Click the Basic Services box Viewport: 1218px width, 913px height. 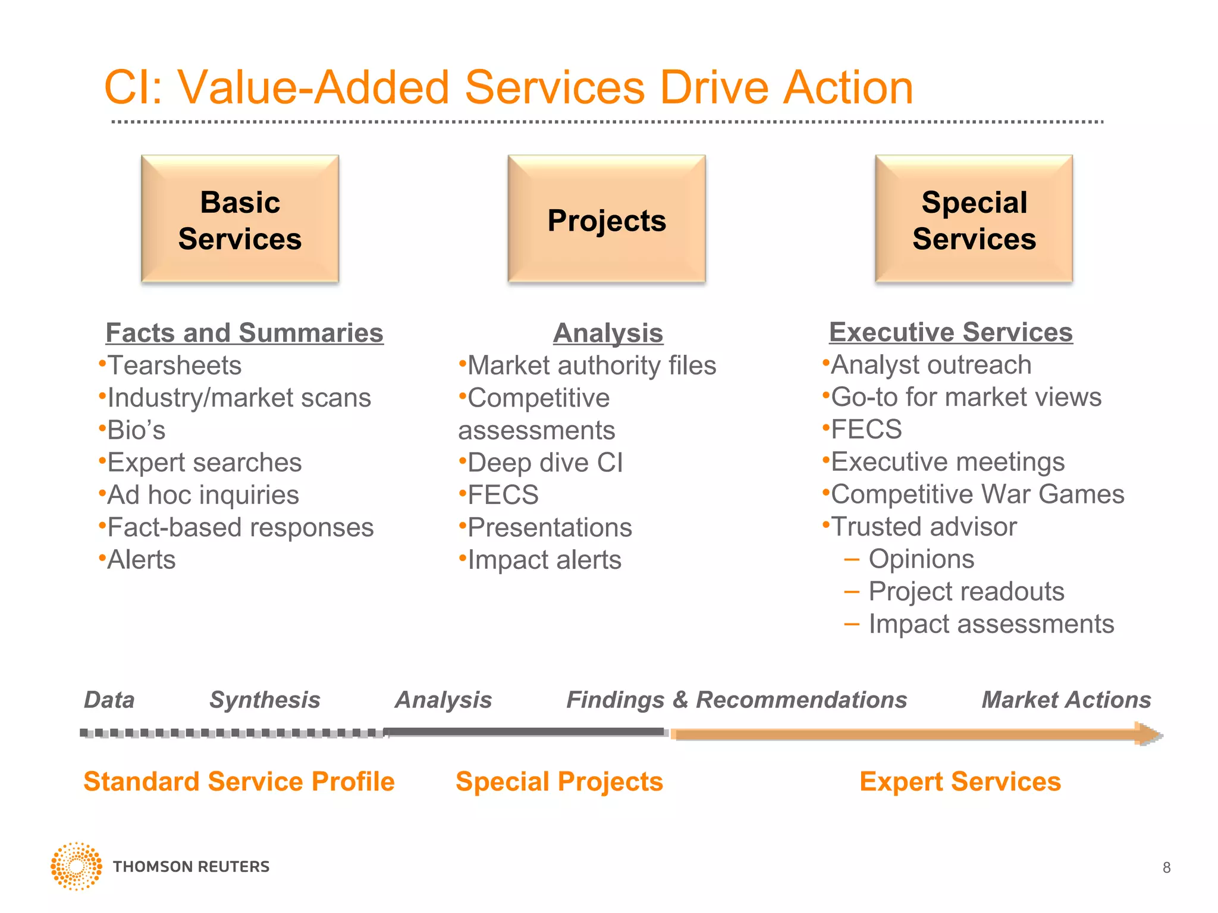click(x=240, y=219)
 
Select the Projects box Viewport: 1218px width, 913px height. click(x=607, y=219)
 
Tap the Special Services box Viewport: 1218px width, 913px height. click(x=974, y=219)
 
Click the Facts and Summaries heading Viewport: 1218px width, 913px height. click(x=244, y=333)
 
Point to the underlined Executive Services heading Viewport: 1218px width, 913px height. click(x=950, y=332)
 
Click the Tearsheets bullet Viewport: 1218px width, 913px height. click(x=174, y=366)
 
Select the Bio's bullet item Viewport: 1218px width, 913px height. click(x=136, y=430)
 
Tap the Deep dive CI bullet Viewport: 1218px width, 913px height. click(x=545, y=463)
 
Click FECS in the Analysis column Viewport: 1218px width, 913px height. click(x=503, y=495)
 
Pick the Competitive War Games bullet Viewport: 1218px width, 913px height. click(x=977, y=495)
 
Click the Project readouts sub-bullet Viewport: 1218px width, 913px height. click(x=966, y=592)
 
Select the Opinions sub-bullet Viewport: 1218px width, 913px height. click(x=921, y=559)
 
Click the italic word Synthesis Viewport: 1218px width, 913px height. click(x=265, y=700)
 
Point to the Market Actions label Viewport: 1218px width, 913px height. click(x=1066, y=700)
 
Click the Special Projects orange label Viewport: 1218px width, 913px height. click(x=559, y=782)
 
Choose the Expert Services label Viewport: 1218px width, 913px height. click(x=960, y=782)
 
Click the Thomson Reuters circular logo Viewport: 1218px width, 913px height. click(x=76, y=866)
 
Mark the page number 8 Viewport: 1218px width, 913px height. click(x=1166, y=868)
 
